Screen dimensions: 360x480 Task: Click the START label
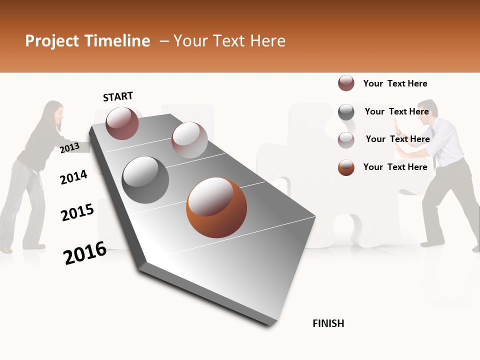point(118,96)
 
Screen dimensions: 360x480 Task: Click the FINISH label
point(328,323)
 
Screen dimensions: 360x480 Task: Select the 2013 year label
point(69,147)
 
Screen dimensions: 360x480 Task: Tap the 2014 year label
point(73,177)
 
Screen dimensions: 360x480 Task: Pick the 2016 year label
point(85,252)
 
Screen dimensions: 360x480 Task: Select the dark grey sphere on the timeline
point(145,180)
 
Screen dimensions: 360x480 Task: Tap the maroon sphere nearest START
point(122,123)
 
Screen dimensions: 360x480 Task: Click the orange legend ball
point(346,167)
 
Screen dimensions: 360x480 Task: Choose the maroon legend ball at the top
point(346,83)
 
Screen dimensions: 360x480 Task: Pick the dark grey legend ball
point(346,112)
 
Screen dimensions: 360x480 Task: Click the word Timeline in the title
point(116,41)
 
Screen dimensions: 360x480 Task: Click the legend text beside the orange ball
point(395,167)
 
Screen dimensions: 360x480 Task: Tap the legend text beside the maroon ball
point(395,83)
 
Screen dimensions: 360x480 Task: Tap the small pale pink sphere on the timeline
point(189,139)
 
